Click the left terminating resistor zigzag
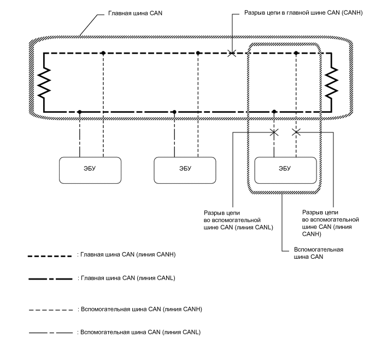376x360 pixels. click(44, 83)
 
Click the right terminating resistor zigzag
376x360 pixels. click(332, 83)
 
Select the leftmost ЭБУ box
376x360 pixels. click(90, 170)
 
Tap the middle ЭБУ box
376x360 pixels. click(185, 170)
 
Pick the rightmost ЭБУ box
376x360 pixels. click(285, 170)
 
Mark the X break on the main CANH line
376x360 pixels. click(232, 53)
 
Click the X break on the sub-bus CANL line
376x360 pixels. click(274, 132)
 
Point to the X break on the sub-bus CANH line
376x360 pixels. click(296, 132)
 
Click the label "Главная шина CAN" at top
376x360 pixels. click(135, 13)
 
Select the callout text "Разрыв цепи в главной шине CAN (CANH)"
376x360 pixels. click(303, 13)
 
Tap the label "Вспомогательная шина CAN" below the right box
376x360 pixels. click(319, 253)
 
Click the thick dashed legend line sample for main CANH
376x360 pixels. click(50, 256)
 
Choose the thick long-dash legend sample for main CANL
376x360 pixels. click(50, 279)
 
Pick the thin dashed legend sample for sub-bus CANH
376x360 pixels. click(51, 310)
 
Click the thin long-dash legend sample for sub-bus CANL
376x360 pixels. click(51, 333)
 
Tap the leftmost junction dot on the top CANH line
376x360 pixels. click(103, 53)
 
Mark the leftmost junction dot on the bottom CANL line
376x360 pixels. click(80, 112)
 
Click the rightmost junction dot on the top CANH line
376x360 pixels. click(296, 53)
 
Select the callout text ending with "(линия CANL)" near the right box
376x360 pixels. click(238, 220)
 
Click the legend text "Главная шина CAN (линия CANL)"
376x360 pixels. click(128, 278)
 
